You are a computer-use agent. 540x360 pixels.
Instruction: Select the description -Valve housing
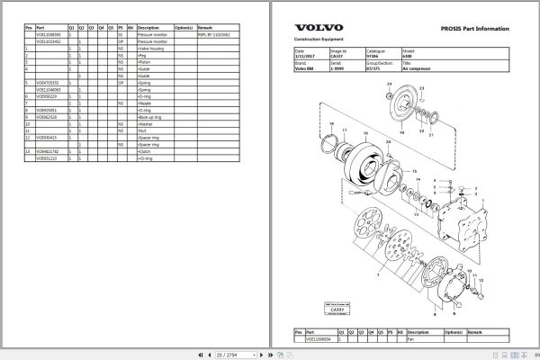152,48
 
